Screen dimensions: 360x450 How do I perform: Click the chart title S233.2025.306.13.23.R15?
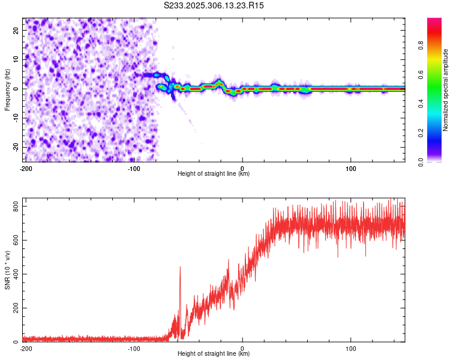pos(214,5)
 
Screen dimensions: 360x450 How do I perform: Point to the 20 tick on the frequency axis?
pos(16,29)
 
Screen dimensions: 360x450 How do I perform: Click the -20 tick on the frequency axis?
pos(15,147)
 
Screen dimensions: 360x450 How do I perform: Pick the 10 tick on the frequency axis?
pos(16,59)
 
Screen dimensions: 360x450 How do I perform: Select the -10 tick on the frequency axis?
pos(15,118)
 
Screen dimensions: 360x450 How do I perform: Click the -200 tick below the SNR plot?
pos(26,348)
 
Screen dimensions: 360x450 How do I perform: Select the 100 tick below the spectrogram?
pos(351,168)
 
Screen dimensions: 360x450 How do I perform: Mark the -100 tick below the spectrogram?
pos(134,168)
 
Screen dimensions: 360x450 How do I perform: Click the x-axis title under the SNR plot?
pos(214,354)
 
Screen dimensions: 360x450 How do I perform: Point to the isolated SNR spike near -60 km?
pos(180,268)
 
